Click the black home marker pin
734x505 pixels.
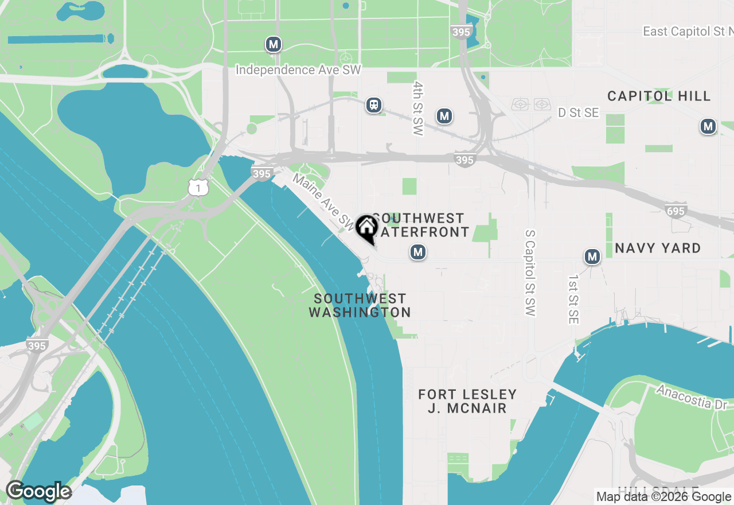coord(366,228)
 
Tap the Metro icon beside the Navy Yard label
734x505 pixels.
coord(592,257)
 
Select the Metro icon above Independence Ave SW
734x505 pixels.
coord(274,44)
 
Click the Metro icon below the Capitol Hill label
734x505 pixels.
coord(708,126)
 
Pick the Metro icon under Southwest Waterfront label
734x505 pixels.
coord(418,252)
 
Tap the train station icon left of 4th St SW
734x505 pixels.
coord(374,105)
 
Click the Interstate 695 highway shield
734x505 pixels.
coord(676,211)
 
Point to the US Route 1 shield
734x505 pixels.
coord(198,187)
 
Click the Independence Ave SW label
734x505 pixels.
coord(299,70)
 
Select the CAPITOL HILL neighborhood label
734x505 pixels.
coord(659,96)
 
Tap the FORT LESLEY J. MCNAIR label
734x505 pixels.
coord(467,401)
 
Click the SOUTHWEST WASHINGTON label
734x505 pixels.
coord(360,305)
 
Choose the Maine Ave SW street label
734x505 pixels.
coord(324,200)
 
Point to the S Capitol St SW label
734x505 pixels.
coord(529,273)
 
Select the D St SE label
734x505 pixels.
coord(579,113)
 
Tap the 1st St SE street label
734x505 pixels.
coord(573,299)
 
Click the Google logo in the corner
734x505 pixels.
coord(38,492)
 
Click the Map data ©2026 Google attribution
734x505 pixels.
coord(663,497)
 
